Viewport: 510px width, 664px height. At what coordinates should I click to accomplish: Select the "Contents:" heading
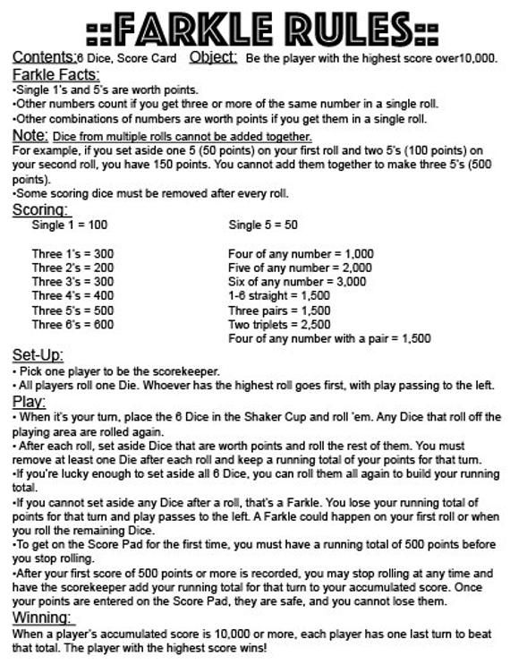coord(44,57)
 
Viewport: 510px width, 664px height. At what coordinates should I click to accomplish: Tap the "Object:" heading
coord(213,57)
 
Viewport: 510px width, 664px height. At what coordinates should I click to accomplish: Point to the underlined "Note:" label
coord(30,134)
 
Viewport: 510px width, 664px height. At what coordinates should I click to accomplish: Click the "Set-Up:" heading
coord(38,355)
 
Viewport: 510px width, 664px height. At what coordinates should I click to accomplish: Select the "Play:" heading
coord(29,401)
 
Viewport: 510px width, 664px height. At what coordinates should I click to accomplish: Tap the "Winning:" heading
coord(43,618)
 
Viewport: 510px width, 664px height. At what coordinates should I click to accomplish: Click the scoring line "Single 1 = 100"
coord(69,226)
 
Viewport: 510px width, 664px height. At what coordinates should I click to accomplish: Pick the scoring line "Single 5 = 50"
coord(263,226)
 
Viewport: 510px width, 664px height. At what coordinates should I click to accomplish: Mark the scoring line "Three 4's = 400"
coord(72,295)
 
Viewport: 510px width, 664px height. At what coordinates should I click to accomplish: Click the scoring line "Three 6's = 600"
coord(72,325)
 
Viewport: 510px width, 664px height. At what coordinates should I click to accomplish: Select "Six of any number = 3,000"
coord(297,281)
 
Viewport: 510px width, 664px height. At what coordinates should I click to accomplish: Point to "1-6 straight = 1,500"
coord(278,295)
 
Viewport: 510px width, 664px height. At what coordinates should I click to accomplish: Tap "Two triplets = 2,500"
coord(279,325)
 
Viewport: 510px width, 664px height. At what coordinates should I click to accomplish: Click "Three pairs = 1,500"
coord(279,311)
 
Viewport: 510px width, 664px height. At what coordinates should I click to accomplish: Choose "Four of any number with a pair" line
coord(329,339)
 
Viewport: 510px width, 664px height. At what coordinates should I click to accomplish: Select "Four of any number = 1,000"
coord(300,253)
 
